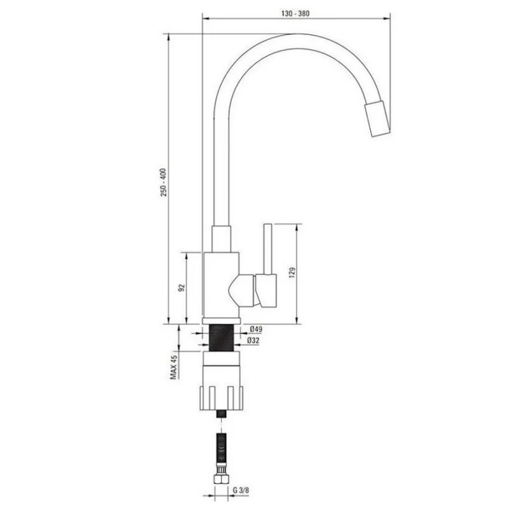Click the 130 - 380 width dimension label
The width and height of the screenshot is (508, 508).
(295, 13)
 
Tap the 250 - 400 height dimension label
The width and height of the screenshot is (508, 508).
(164, 182)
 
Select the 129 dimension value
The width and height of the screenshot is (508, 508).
(292, 273)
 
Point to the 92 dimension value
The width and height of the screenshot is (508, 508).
(182, 288)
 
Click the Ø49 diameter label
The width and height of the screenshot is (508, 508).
(256, 329)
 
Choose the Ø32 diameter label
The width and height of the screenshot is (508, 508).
(253, 340)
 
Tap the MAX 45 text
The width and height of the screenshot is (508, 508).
(174, 367)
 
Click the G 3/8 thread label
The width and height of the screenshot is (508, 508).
(241, 490)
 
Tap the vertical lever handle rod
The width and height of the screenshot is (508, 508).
(267, 249)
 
